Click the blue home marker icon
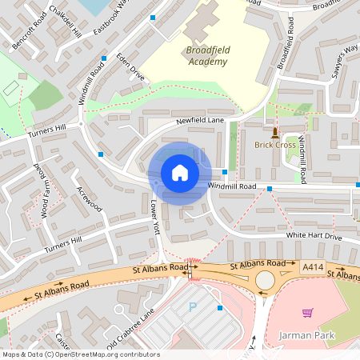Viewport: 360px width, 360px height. (x=180, y=173)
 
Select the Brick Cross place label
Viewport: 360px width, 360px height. (x=275, y=145)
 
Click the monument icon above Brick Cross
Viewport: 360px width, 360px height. (x=275, y=131)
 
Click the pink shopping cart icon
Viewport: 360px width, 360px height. (x=307, y=312)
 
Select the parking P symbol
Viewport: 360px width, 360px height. (x=192, y=307)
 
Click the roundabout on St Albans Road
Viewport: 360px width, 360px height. (x=266, y=280)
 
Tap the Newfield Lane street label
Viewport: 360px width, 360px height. (x=200, y=120)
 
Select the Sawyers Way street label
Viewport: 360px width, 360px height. (x=346, y=62)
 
